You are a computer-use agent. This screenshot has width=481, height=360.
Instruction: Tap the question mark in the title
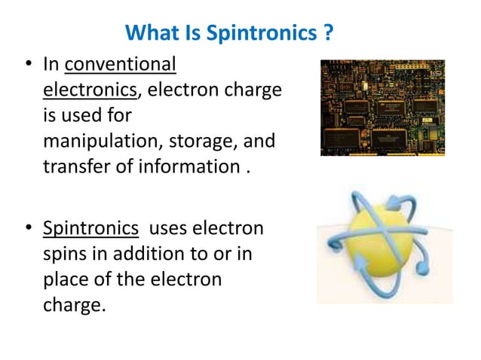[x=329, y=34]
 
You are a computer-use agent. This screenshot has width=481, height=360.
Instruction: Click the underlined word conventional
[x=121, y=66]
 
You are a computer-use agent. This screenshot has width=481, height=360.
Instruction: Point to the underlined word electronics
[x=88, y=90]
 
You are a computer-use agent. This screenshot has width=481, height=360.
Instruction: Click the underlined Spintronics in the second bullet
[x=90, y=229]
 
